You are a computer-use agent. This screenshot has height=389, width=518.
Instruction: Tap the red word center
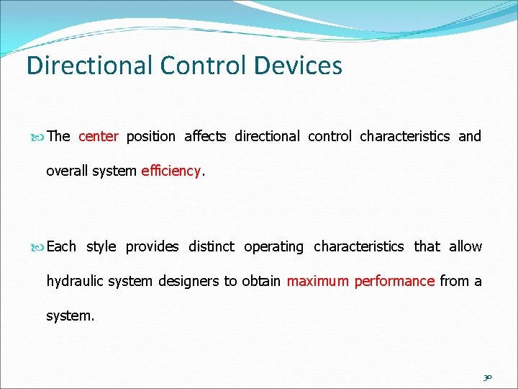tap(98, 136)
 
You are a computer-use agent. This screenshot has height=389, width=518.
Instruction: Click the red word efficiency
tap(171, 171)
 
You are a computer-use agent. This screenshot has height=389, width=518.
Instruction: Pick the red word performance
tap(394, 281)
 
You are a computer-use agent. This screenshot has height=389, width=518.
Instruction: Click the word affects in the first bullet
tap(205, 136)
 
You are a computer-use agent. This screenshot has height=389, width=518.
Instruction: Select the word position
tap(150, 136)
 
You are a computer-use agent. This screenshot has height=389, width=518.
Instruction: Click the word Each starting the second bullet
tap(61, 246)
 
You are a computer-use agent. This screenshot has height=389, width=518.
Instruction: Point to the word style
tap(101, 246)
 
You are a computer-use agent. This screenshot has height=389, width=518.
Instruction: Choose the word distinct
tap(211, 246)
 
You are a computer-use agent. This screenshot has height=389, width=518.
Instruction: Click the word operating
tap(273, 246)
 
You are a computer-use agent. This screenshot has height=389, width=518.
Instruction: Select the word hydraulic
tap(76, 281)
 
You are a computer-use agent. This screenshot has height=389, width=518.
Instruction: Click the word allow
tap(465, 246)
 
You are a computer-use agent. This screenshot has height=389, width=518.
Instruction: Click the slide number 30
tap(488, 376)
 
